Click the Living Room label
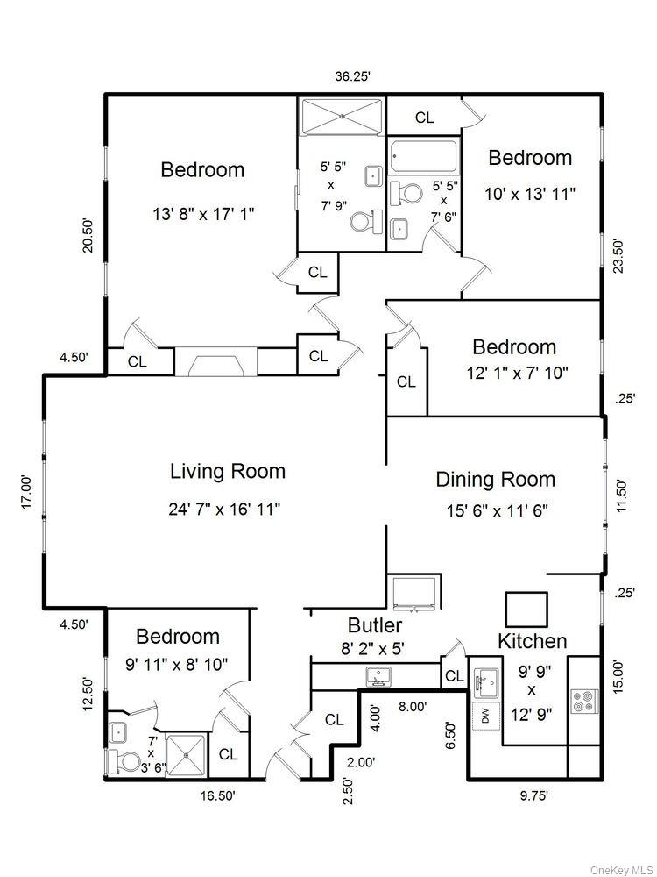228,471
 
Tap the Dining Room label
495,480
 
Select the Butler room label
375,625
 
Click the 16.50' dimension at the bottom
212,795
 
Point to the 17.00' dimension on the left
28,492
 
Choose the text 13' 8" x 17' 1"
202,213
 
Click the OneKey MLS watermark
621,869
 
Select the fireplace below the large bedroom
215,363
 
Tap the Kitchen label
532,641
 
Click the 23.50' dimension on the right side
618,257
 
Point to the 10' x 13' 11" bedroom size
530,193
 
